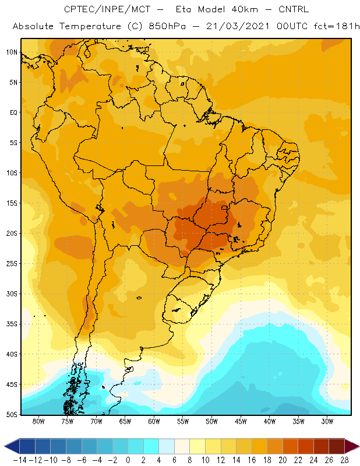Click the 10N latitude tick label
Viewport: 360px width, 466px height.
(x=12, y=52)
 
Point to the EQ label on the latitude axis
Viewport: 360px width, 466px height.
(x=13, y=112)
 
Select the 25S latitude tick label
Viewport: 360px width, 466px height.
(x=12, y=264)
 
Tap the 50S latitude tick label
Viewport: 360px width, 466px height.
(x=12, y=414)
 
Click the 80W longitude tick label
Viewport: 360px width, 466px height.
(x=38, y=421)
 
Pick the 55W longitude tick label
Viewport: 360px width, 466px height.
(x=183, y=421)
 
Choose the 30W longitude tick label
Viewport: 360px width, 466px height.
(x=327, y=421)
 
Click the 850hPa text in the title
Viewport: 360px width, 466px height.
(x=167, y=26)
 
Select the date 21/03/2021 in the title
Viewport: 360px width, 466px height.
(x=238, y=26)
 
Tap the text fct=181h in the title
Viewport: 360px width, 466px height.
(x=337, y=26)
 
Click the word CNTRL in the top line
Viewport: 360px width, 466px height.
(x=294, y=9)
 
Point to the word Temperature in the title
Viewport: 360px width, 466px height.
(x=90, y=26)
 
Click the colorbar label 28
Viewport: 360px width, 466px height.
(x=344, y=460)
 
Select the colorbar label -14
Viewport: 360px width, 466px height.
(x=20, y=460)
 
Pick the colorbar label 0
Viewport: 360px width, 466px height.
(x=128, y=460)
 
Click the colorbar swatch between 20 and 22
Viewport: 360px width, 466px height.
(x=291, y=446)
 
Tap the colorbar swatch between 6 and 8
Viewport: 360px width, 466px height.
(x=182, y=446)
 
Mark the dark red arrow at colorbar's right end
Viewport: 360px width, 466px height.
(x=352, y=446)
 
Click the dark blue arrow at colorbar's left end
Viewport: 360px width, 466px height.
(x=12, y=446)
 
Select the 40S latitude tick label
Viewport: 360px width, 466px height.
(x=12, y=354)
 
